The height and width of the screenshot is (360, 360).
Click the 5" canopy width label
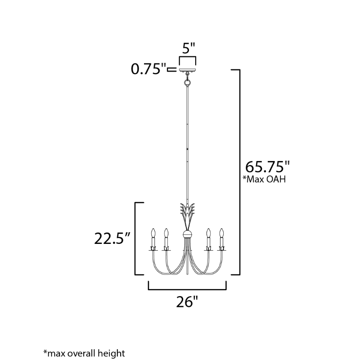[189, 48]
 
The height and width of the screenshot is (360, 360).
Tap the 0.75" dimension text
[148, 69]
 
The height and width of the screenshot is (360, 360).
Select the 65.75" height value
[267, 166]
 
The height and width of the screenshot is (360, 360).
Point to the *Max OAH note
[264, 179]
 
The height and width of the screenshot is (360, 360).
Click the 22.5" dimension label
[112, 238]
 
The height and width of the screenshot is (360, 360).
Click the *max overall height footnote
[84, 353]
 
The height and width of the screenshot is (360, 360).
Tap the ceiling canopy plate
[188, 70]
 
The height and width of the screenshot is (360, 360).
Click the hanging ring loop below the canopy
[188, 82]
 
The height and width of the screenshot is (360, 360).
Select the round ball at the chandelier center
[188, 234]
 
